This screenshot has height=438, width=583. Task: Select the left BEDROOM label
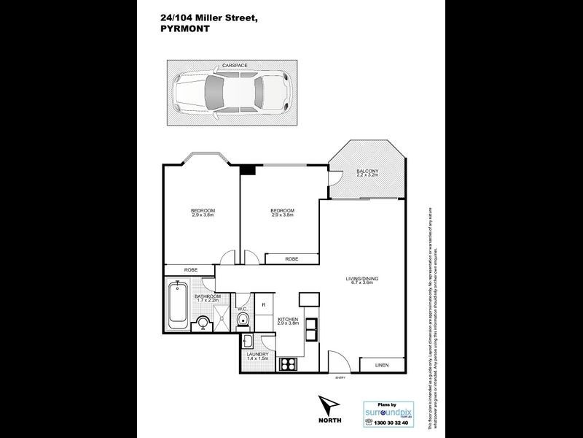click(x=203, y=212)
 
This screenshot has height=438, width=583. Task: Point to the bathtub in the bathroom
click(x=176, y=306)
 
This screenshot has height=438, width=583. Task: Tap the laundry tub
click(x=246, y=342)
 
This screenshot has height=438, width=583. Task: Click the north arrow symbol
click(x=328, y=408)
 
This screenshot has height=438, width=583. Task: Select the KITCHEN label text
click(x=286, y=319)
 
